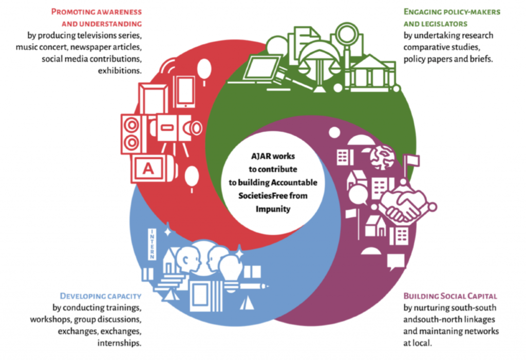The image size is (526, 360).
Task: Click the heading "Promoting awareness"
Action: (x=96, y=12)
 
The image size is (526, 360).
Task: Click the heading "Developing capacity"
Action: (x=101, y=296)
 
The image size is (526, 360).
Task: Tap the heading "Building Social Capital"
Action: (x=450, y=296)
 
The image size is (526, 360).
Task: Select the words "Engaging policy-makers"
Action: (x=452, y=12)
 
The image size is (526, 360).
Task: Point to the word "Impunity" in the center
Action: (x=273, y=209)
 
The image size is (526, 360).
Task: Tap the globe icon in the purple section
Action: (x=382, y=157)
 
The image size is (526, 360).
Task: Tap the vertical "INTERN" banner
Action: (x=152, y=244)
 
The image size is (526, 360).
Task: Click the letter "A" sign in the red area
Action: (x=148, y=168)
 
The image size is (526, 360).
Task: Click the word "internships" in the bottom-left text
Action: (x=119, y=343)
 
